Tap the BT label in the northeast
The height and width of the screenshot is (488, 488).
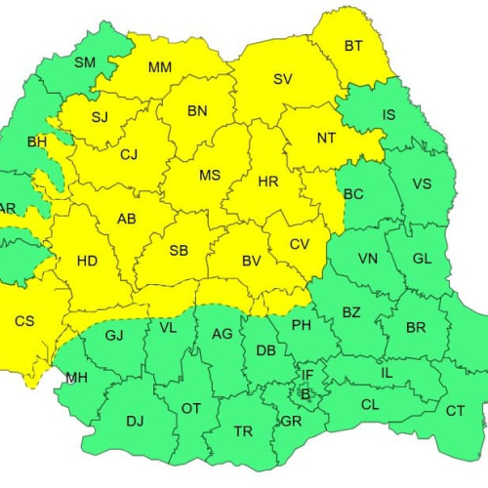tap(353, 45)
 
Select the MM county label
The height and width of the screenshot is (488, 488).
tap(160, 67)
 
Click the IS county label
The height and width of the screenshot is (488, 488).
tap(388, 115)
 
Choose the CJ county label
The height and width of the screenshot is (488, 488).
tap(130, 153)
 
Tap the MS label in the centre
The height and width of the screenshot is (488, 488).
tap(210, 176)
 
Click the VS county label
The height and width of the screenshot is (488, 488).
tap(422, 183)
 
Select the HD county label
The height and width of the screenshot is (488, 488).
tap(87, 262)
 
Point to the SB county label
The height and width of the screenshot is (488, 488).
tap(179, 251)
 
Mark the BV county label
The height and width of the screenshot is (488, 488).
tap(251, 261)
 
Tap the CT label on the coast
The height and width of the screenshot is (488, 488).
tap(455, 411)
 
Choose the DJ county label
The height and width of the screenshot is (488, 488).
tap(135, 422)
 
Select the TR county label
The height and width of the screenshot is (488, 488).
tap(241, 429)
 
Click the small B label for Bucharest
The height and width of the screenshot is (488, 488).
tap(305, 394)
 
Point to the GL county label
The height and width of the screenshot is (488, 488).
tap(422, 259)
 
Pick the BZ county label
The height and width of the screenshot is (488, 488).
tap(351, 311)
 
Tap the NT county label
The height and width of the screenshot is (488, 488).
tap(327, 138)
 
